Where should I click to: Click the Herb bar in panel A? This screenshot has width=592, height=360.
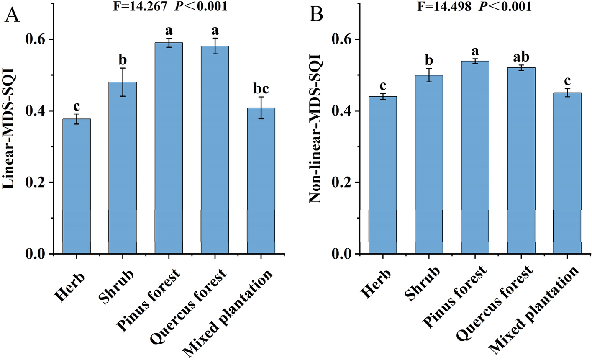[x=77, y=186]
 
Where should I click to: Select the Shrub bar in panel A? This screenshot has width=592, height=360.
[x=123, y=168]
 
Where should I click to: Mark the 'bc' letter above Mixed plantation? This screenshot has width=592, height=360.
[x=261, y=89]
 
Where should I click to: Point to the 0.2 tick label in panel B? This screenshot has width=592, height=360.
[x=342, y=183]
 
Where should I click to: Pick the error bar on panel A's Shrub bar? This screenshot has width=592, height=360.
[x=123, y=82]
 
